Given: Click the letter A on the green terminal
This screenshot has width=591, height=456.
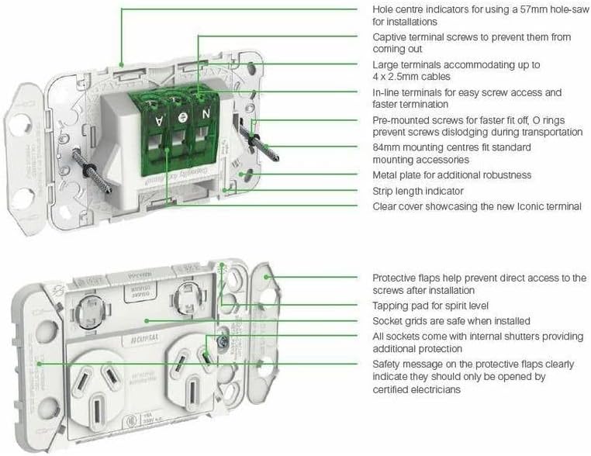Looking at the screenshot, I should pyautogui.click(x=158, y=121).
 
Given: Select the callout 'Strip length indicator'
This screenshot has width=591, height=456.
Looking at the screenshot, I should pyautogui.click(x=418, y=191).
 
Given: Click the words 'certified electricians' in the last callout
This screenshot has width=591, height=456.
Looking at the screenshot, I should pyautogui.click(x=416, y=389).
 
